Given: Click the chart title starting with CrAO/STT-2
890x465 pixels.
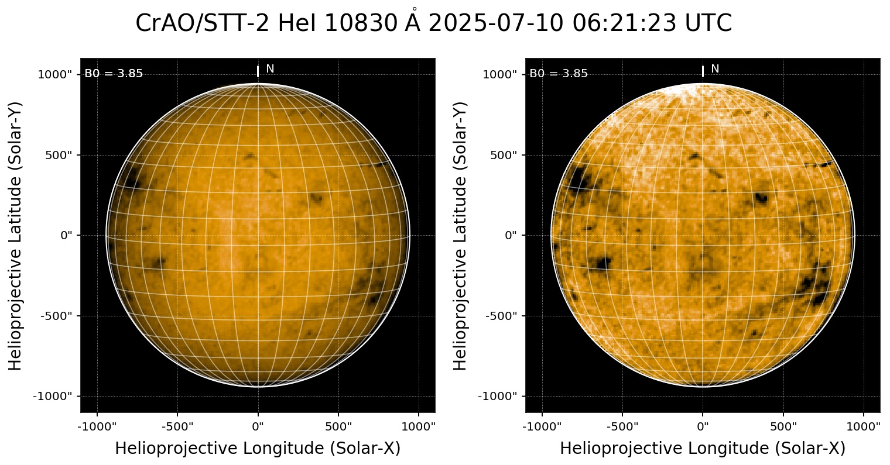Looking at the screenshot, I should [433, 23].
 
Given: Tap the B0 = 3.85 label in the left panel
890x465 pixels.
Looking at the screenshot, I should [114, 74].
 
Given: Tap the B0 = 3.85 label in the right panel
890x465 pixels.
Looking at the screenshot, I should [559, 74].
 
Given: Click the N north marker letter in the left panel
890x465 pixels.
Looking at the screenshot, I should [270, 69].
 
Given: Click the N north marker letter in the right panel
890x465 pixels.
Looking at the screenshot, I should [715, 69].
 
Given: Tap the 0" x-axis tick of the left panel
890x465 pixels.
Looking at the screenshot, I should [258, 425].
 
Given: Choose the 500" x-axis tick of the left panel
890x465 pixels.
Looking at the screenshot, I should [338, 425].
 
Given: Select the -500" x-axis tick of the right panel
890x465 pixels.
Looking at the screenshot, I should [622, 425].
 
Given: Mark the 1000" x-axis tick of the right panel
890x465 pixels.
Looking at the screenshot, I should [864, 425].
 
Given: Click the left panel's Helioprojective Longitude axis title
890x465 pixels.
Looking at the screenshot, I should [258, 449].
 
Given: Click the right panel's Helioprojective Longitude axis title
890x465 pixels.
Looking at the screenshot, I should [703, 449].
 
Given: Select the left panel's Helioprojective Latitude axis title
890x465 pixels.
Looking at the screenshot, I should [16, 235].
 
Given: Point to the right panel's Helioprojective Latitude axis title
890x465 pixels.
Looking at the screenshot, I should [461, 235].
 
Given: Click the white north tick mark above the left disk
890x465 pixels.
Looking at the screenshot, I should [258, 71].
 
